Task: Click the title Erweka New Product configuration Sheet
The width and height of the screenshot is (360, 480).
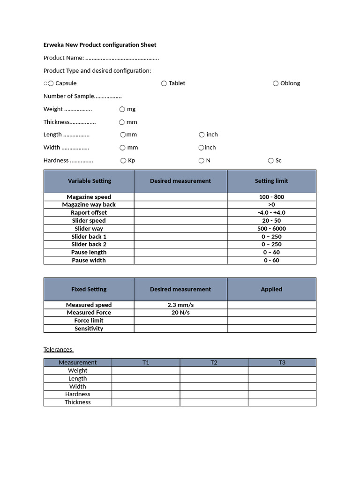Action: pos(100,45)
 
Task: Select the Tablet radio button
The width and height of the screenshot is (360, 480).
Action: pos(164,83)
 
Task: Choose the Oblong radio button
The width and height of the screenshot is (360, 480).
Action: pos(276,83)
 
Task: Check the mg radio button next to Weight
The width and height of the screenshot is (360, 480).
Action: pos(122,109)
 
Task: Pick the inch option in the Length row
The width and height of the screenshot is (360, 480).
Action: pos(202,135)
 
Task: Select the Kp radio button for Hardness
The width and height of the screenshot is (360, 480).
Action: pos(124,160)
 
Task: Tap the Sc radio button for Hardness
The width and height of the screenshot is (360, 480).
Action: pos(271,160)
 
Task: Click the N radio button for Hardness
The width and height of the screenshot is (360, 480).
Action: pos(202,160)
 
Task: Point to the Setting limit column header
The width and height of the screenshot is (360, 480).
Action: pos(271,181)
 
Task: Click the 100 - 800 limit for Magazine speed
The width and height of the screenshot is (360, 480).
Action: pos(271,197)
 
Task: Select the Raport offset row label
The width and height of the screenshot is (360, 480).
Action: pos(89,213)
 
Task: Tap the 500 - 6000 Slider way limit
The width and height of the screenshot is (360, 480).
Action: pos(271,229)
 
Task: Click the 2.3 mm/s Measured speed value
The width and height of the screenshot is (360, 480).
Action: pos(180,305)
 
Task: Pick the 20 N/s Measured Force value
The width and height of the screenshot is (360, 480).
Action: pos(180,313)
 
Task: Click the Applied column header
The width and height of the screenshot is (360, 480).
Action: pos(271,289)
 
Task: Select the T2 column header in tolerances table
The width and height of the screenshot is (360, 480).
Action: pos(214,362)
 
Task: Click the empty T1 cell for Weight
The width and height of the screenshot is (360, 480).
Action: pos(146,370)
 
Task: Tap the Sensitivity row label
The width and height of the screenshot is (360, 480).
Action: pos(89,329)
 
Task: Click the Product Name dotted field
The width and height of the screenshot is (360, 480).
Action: pos(122,58)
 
